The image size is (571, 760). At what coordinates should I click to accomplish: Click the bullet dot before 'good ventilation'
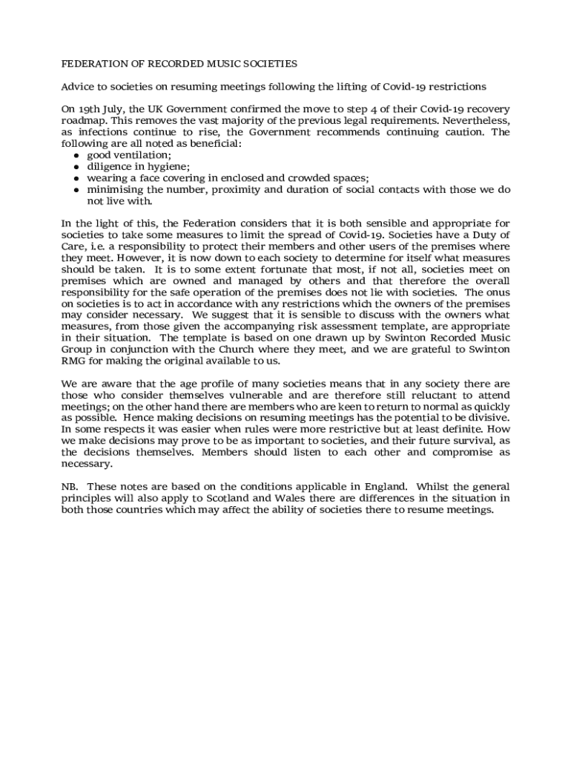pyautogui.click(x=76, y=155)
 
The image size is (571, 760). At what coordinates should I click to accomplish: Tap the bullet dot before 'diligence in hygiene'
pyautogui.click(x=76, y=167)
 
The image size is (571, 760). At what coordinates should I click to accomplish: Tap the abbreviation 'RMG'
pyautogui.click(x=74, y=361)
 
